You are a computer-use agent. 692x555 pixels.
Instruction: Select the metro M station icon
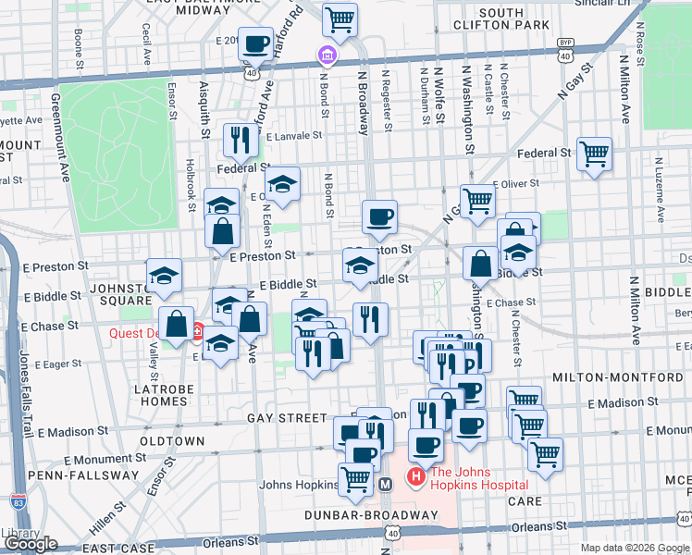[387, 484]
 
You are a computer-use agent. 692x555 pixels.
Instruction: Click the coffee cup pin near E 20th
[255, 43]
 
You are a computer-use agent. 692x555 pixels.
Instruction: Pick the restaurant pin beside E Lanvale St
[240, 140]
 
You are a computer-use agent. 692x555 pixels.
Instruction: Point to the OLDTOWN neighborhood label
[172, 441]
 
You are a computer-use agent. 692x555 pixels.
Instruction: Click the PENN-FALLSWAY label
[70, 475]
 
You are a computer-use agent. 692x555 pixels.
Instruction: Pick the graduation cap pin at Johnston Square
[164, 276]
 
